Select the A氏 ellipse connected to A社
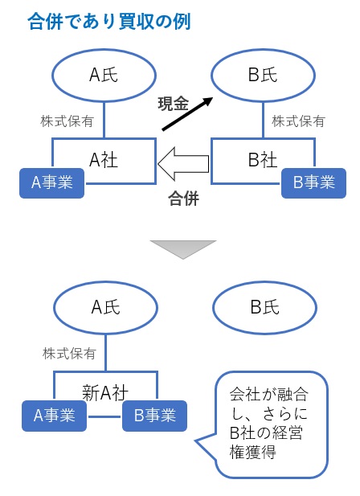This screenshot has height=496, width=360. tap(104, 76)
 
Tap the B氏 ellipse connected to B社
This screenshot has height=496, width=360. tap(263, 76)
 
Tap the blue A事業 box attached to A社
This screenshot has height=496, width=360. tap(52, 182)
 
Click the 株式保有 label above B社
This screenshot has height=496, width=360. tap(298, 121)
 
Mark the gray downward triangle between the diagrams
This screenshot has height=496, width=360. tap(183, 248)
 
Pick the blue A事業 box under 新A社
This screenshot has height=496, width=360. tap(52, 416)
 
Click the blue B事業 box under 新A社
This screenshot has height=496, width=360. tap(154, 416)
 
